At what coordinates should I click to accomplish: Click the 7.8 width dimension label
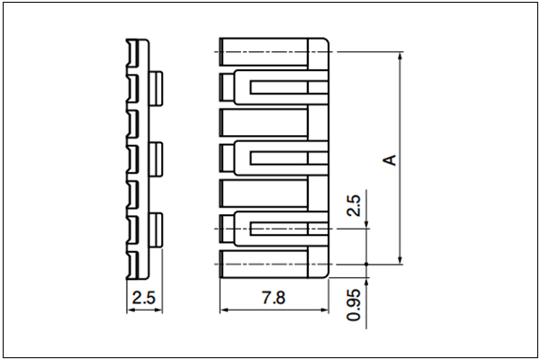[274, 298]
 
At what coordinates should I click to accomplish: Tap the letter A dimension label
[390, 160]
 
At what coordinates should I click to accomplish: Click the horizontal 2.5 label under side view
[144, 298]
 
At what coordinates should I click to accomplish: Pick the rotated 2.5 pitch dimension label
[354, 206]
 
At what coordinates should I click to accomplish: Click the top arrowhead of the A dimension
[400, 57]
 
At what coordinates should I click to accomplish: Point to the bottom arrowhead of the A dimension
[400, 260]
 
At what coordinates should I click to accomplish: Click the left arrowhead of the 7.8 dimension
[224, 310]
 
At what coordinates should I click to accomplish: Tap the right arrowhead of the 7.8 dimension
[324, 310]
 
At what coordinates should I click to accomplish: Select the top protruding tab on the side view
[157, 88]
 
